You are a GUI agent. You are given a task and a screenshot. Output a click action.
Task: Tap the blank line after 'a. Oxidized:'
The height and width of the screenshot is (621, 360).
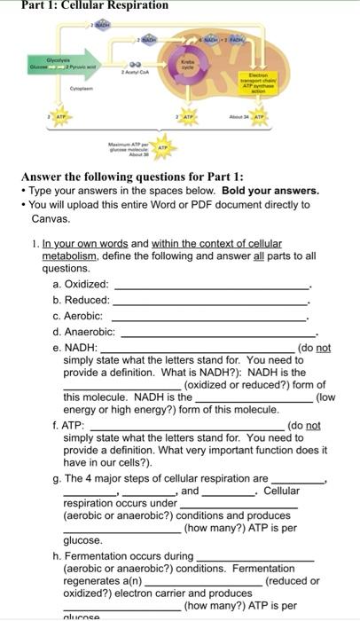(x=212, y=287)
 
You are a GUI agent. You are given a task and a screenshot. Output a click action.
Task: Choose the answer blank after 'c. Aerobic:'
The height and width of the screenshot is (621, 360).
(x=207, y=318)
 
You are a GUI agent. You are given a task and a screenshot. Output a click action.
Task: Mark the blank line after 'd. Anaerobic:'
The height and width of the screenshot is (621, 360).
(x=218, y=334)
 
